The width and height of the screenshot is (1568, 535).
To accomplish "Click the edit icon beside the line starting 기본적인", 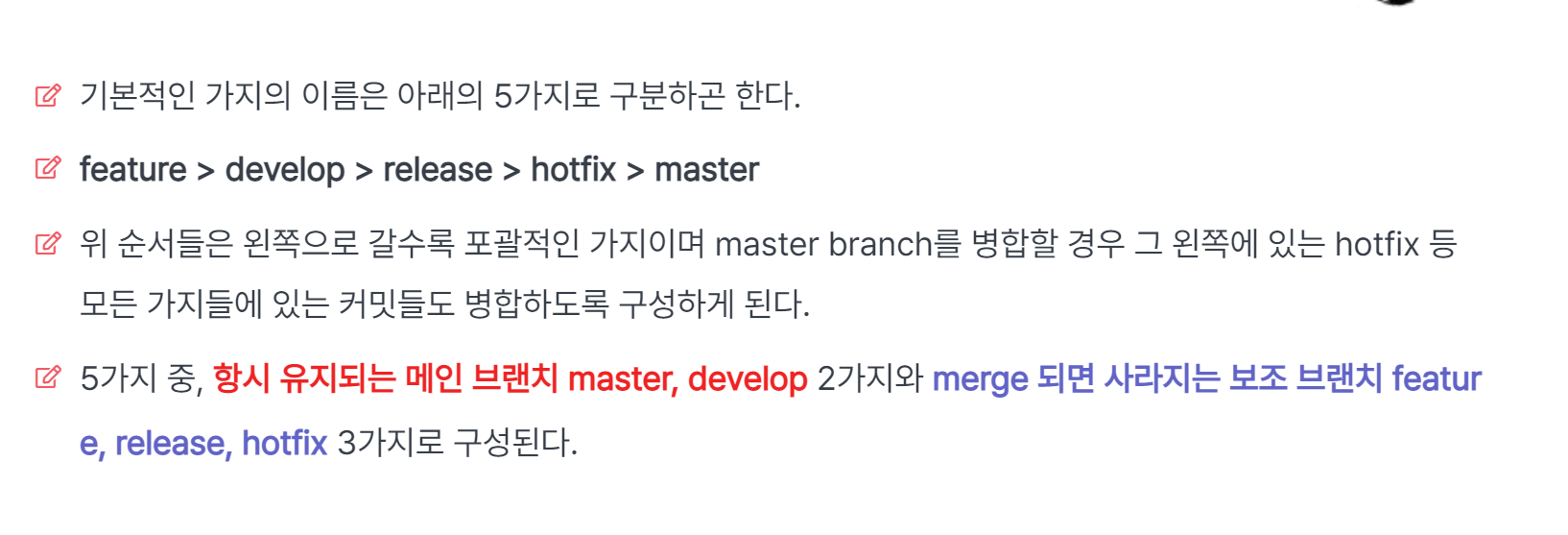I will [x=48, y=95].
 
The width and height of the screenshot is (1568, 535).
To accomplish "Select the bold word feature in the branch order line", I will [x=132, y=170].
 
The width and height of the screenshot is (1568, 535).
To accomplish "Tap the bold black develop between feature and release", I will [x=284, y=170].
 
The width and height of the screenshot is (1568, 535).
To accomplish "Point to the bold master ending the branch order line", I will [x=706, y=170].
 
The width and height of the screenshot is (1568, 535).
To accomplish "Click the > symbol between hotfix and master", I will [x=634, y=171].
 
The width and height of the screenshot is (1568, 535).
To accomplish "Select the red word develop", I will [x=748, y=378].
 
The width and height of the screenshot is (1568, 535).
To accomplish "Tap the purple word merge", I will [x=980, y=378].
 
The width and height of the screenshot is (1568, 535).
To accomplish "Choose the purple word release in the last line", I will [x=174, y=443].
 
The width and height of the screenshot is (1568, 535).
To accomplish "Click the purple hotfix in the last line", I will [x=284, y=443].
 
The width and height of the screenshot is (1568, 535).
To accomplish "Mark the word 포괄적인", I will [x=522, y=244].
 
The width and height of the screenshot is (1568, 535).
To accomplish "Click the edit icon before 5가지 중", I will [x=48, y=377].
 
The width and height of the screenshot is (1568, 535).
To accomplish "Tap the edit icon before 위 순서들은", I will [x=48, y=243].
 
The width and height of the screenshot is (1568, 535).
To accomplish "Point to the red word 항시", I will [x=241, y=378].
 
